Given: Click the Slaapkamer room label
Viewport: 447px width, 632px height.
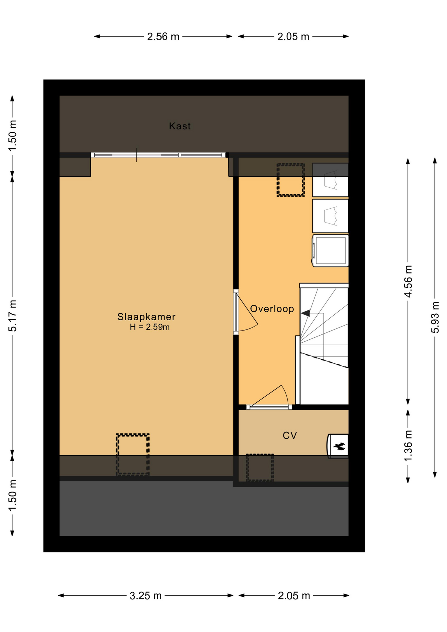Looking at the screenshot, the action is (x=146, y=317).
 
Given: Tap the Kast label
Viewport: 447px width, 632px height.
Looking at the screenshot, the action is (x=180, y=126).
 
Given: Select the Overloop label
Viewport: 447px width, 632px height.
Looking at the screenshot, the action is (x=272, y=309).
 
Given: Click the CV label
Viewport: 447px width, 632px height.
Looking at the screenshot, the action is (x=290, y=435).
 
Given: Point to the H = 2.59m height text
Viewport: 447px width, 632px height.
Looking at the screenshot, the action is (x=150, y=327).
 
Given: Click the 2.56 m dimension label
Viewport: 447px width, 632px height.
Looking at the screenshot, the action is (x=163, y=37).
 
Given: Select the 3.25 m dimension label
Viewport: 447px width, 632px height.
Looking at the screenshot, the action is (x=145, y=595).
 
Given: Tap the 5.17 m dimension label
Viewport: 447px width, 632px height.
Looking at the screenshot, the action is (x=13, y=316).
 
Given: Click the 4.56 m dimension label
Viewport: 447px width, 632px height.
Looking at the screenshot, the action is (x=408, y=281).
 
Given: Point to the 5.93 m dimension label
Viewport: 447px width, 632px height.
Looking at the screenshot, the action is (x=435, y=317).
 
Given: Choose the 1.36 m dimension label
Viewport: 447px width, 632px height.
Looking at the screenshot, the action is (x=408, y=446).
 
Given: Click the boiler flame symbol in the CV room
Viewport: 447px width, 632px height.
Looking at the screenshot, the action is (x=339, y=446).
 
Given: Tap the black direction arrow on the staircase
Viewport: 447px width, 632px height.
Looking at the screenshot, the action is (x=305, y=313).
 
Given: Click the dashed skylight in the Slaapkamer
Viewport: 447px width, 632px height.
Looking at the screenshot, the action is (x=133, y=455).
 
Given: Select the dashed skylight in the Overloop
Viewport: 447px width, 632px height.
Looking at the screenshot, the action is (x=290, y=180).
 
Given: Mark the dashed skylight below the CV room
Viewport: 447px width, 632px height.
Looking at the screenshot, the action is (x=260, y=467).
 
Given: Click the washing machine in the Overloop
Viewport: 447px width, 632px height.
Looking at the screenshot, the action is (x=330, y=250).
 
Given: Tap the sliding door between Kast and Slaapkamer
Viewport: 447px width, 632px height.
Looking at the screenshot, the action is (x=158, y=155).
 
